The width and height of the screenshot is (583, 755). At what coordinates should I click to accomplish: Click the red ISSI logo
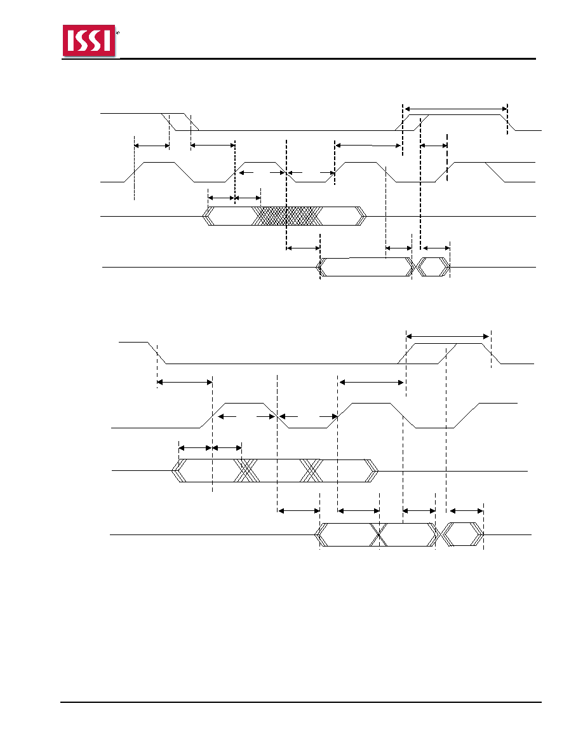pos(89,41)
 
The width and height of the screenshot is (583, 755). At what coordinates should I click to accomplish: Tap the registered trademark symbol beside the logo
pos(118,33)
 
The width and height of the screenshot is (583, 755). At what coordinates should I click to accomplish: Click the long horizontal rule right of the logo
pos(327,58)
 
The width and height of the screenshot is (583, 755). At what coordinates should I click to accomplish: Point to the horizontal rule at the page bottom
pos(300,702)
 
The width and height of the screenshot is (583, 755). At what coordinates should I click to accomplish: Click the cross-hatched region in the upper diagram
pos(288,216)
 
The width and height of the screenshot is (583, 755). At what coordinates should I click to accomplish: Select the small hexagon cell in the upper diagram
pos(433,267)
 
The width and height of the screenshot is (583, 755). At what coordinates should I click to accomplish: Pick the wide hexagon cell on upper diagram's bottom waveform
pos(366,267)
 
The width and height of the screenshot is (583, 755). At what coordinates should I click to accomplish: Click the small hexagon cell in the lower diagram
pos(462,534)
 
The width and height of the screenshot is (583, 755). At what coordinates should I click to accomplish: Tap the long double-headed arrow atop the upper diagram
pos(456,108)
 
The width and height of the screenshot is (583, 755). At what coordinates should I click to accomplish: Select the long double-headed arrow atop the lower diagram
pos(448,336)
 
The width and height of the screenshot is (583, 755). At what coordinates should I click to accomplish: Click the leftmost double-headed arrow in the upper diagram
pos(152,146)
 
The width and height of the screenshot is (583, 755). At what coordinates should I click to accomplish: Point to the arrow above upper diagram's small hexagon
pos(435,248)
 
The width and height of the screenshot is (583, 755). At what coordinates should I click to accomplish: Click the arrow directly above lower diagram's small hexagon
pos(466,511)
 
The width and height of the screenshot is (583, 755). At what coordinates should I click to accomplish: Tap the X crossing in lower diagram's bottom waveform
pos(379,534)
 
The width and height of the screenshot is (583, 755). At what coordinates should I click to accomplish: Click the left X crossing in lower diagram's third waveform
pos(246,470)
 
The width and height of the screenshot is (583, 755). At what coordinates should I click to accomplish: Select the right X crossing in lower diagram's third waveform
pos(311,470)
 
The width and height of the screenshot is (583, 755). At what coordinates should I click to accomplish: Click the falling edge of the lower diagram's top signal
pos(157,353)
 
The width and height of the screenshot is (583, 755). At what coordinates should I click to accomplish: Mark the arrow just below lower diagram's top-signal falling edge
pos(185,383)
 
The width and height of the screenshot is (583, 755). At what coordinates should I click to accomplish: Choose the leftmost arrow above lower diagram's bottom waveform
pos(298,511)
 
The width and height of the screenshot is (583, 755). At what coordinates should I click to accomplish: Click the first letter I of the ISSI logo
pos(70,41)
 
